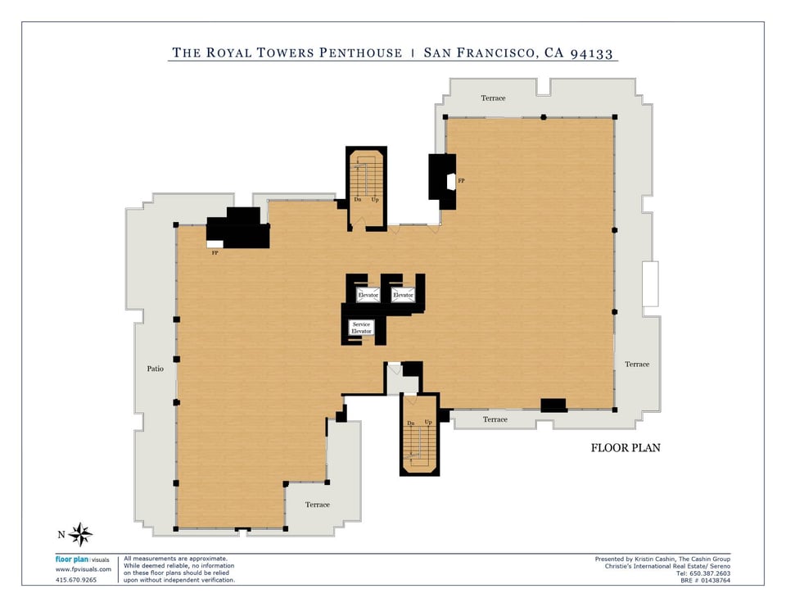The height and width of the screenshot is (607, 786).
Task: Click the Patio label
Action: (155, 369)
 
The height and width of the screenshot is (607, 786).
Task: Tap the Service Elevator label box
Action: (361, 328)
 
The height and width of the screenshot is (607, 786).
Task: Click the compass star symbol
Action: (80, 534)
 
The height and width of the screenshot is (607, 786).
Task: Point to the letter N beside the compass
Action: (61, 535)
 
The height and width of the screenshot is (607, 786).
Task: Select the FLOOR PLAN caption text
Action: (626, 448)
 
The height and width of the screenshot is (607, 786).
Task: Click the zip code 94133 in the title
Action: (592, 53)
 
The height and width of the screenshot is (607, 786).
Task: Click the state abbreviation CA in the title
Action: (554, 53)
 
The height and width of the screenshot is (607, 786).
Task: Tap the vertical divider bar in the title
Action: (413, 53)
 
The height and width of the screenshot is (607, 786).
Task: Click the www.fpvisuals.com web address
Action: (84, 569)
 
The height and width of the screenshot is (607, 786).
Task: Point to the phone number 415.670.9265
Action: (75, 580)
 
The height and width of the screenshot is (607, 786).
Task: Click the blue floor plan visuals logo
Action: (82, 559)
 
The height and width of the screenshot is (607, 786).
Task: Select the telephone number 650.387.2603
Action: (711, 573)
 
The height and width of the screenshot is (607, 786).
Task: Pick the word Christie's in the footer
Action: (617, 566)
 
